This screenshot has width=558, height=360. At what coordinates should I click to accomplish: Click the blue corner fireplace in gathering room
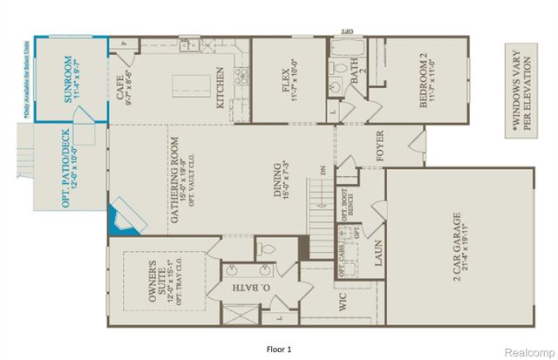coord(124,217)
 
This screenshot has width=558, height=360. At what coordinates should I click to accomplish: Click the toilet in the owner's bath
coord(269,250)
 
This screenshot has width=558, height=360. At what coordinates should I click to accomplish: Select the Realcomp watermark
coord(527,350)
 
